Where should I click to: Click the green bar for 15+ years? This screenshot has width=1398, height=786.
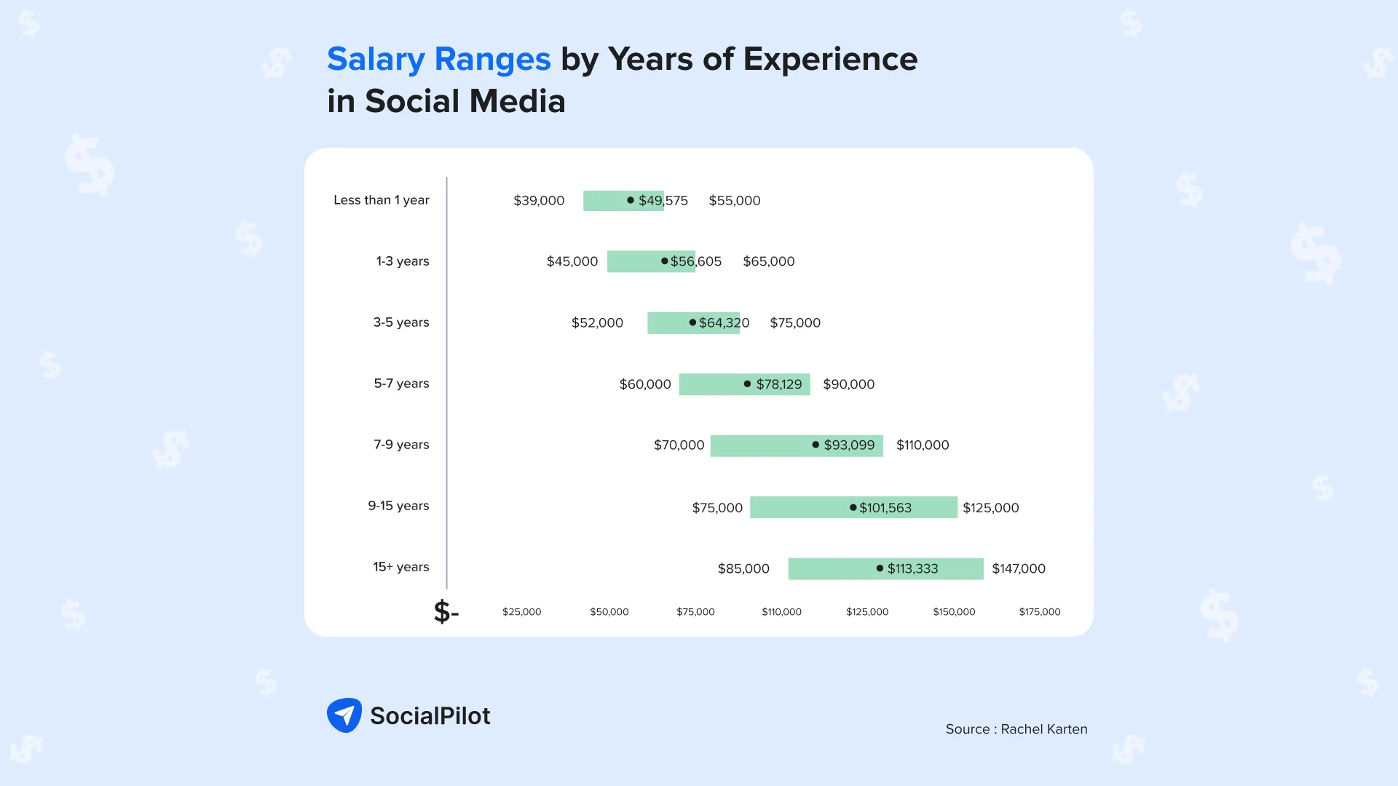click(830, 568)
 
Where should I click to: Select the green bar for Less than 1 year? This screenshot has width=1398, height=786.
click(604, 201)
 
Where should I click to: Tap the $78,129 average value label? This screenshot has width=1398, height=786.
click(778, 384)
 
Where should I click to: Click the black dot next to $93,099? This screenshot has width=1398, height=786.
click(815, 445)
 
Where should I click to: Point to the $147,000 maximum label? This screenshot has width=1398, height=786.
click(1018, 568)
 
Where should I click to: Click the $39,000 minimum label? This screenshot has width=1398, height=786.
click(539, 200)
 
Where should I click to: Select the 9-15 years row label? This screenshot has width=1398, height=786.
click(398, 506)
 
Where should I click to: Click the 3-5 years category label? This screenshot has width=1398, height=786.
click(400, 322)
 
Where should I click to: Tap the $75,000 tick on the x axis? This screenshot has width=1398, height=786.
click(695, 612)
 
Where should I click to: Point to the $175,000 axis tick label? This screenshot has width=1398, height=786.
click(1039, 612)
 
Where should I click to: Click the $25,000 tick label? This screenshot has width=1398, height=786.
click(521, 612)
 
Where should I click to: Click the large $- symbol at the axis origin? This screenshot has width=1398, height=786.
click(446, 612)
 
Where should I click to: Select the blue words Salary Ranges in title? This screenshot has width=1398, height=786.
click(438, 60)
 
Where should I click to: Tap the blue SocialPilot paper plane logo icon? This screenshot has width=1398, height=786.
click(344, 715)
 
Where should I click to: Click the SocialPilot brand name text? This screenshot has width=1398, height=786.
click(430, 716)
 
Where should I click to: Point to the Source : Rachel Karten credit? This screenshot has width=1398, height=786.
click(1016, 729)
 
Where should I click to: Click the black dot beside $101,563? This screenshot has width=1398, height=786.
click(853, 507)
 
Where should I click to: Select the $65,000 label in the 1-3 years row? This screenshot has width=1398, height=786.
click(768, 261)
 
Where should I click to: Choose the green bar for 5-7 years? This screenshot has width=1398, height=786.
click(710, 384)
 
